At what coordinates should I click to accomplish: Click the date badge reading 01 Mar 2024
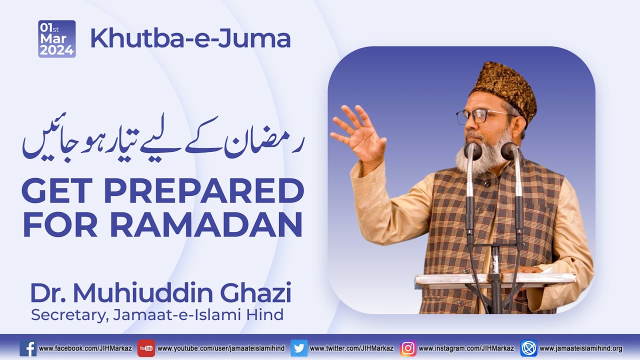[56, 39]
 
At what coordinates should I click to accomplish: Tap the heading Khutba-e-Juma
[190, 39]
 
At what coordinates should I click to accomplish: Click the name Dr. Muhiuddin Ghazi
[160, 293]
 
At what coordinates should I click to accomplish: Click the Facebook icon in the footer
[28, 348]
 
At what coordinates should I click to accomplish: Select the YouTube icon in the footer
[146, 348]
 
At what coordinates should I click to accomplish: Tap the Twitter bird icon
[298, 348]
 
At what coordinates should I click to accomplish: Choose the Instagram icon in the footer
[408, 348]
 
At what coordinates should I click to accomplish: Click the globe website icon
[528, 348]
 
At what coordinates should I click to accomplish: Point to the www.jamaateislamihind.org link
[581, 348]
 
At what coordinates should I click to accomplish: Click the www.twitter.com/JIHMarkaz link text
[351, 348]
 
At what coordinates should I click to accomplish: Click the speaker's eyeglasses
[480, 117]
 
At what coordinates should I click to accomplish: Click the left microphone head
[472, 150]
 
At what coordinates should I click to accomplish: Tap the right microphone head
[510, 150]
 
